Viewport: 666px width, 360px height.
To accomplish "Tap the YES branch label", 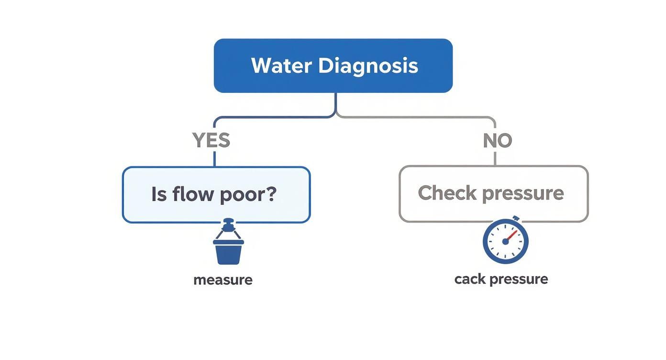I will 211,141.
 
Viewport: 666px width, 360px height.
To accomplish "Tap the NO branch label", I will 498,141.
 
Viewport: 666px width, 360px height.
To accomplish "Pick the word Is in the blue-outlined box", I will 159,194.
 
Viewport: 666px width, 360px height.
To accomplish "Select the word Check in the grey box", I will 447,193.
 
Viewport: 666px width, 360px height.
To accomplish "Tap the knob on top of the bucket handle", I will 229,223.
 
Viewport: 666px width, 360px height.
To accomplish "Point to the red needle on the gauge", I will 511,236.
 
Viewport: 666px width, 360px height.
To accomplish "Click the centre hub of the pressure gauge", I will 505,241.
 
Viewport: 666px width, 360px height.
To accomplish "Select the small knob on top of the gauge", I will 515,218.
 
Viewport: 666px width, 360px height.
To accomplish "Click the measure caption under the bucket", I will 222,280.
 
